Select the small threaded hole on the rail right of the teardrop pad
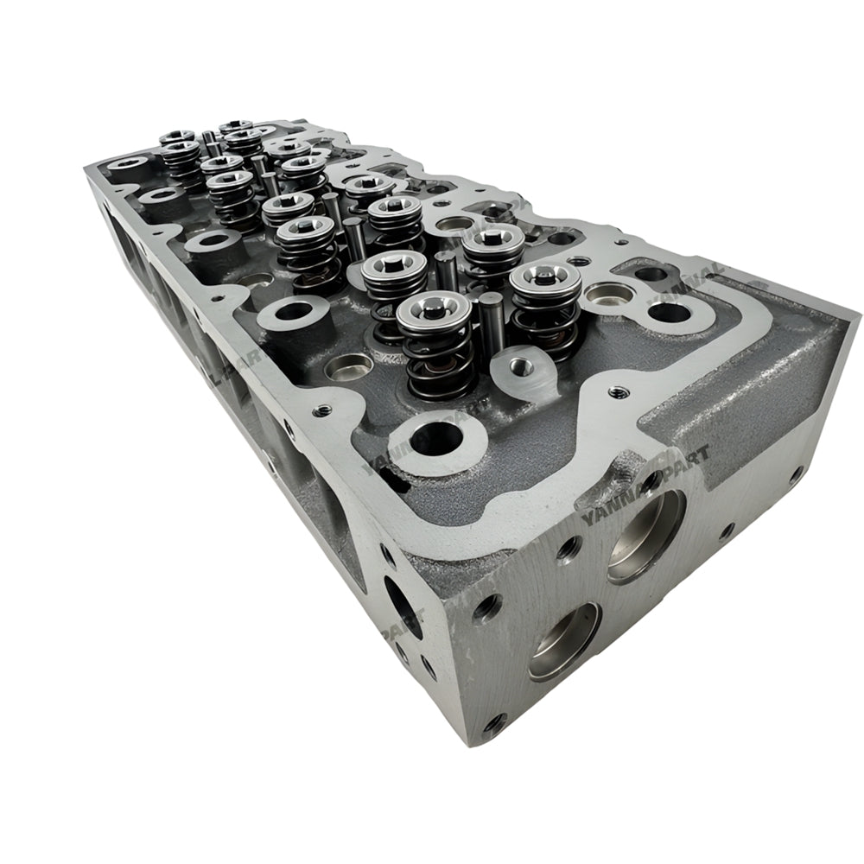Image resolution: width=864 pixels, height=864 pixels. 617,391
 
